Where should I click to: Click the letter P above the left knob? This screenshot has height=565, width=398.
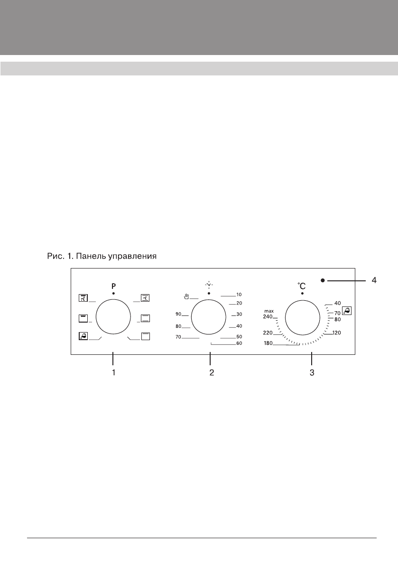click(113, 287)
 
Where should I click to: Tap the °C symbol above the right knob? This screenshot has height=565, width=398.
click(302, 286)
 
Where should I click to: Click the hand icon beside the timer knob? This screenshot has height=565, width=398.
click(186, 296)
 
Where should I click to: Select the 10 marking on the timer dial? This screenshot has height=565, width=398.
click(239, 295)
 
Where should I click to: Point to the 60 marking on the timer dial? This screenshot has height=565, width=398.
click(239, 343)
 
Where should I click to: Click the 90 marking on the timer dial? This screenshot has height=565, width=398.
click(178, 314)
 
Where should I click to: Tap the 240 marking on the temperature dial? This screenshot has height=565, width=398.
click(268, 317)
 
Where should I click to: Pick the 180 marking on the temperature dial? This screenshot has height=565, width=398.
click(268, 343)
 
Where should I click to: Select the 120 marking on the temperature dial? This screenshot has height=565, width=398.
click(336, 333)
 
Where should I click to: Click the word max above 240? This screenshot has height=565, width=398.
click(268, 311)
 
